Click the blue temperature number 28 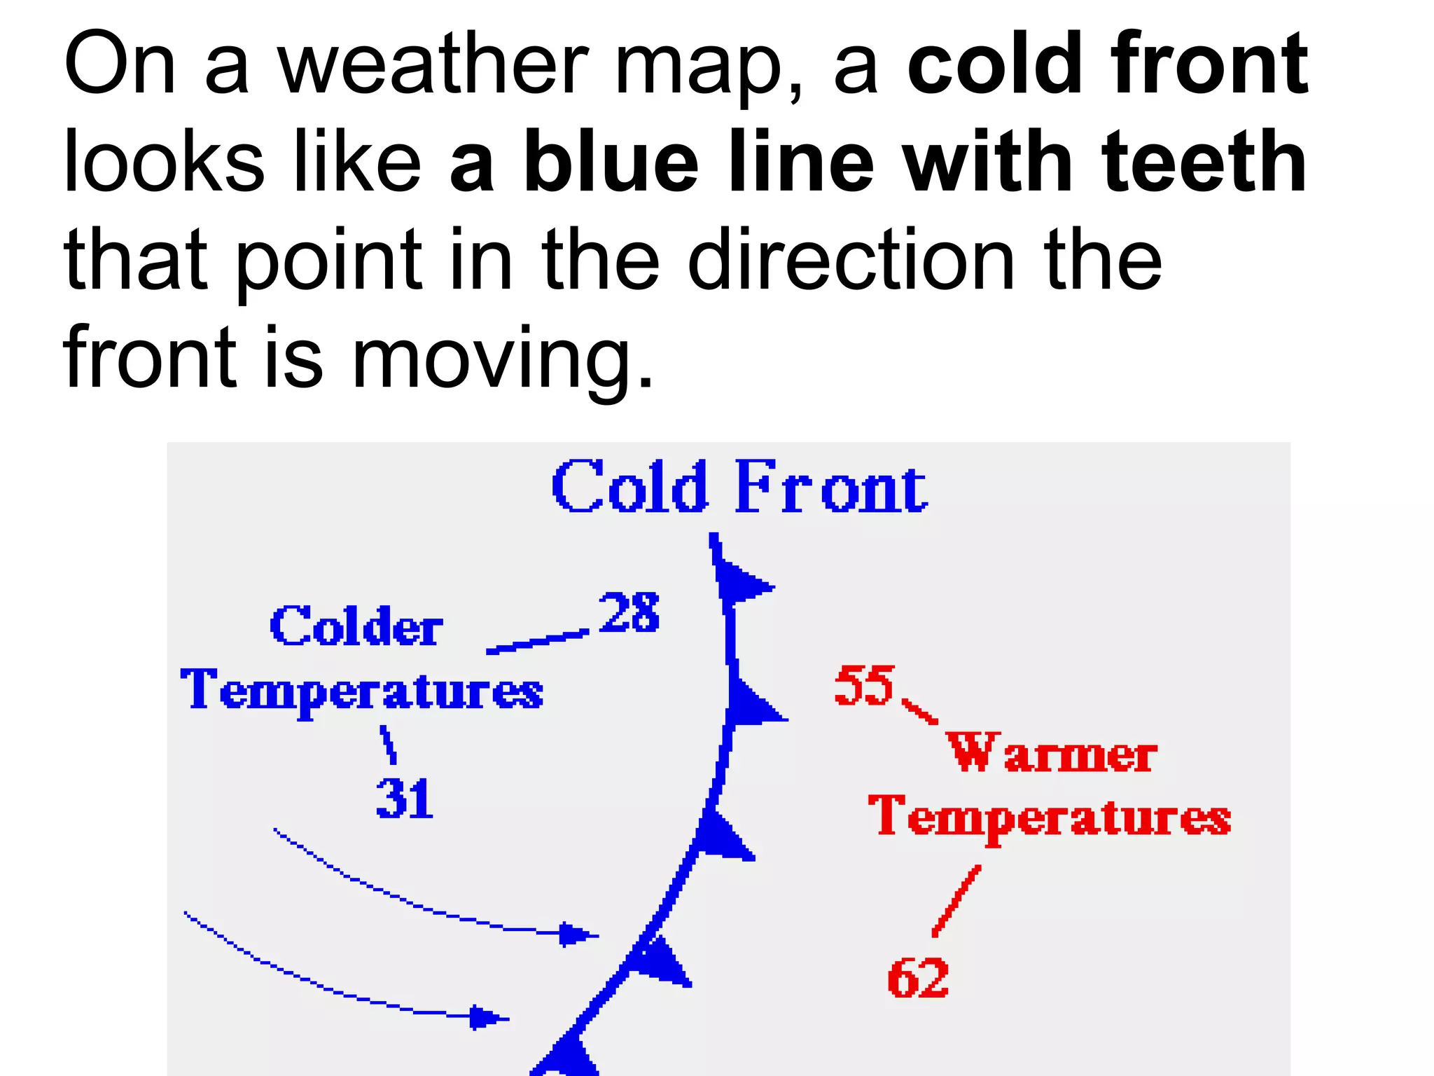coord(629,612)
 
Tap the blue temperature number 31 coord(405,799)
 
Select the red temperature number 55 coord(864,685)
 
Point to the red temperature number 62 coord(918,978)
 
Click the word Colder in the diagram coord(356,626)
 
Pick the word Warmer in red coord(1051,753)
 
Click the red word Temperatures coord(1049,817)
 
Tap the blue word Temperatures coord(361,691)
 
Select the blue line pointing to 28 coord(538,642)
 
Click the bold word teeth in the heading coord(1204,163)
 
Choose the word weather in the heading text coord(433,64)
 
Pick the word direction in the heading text coord(851,261)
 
